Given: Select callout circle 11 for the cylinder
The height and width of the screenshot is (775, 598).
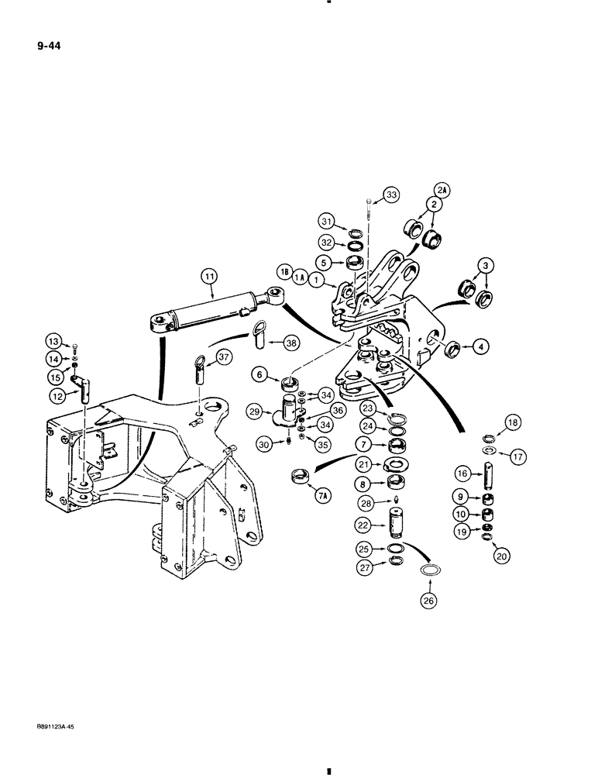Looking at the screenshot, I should pos(208,274).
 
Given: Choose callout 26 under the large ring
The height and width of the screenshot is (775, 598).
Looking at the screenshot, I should pos(427,601).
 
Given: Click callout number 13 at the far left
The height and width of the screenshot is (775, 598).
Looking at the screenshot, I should pos(53,342).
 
